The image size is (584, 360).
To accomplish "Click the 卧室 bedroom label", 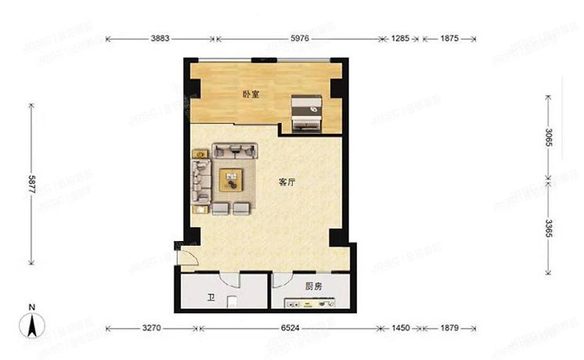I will [x=251, y=94].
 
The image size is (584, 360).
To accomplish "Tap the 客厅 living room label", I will [x=287, y=182].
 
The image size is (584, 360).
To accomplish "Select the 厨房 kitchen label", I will [x=302, y=285].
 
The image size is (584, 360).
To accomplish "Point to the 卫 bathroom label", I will [x=211, y=298].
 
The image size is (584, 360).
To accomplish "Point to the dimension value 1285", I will [x=401, y=38].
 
